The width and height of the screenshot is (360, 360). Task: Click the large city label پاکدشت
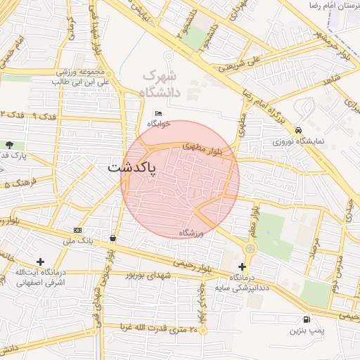pos(133,169)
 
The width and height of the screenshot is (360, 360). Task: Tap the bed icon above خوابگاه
pos(159,114)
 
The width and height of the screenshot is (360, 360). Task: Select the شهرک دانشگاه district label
pos(160,83)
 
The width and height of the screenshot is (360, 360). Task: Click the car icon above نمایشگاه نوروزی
pos(300,130)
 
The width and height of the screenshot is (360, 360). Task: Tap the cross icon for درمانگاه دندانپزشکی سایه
pos(243,266)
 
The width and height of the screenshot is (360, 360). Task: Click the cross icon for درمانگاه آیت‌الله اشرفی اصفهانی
pos(40,262)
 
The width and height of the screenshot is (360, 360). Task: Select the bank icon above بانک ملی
pos(77,230)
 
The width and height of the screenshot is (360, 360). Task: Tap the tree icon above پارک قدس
pos(10,145)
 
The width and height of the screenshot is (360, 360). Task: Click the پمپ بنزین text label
pos(307,329)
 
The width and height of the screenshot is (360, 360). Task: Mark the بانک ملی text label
pos(77,240)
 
